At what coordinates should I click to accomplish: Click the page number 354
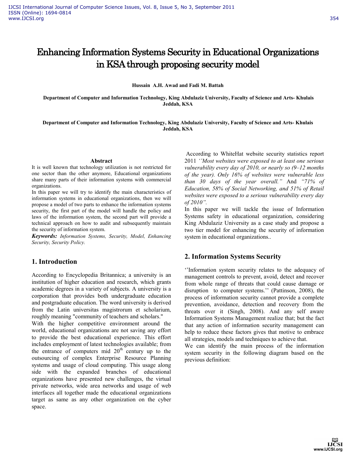click(334, 19)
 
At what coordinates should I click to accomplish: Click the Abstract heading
click(101, 161)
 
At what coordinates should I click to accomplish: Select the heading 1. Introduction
click(54, 262)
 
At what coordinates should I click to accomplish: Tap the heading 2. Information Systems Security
click(233, 256)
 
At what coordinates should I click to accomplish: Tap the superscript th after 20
click(121, 349)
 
